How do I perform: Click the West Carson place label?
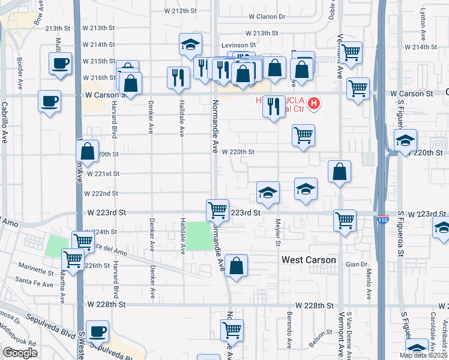309,260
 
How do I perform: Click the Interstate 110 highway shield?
382,220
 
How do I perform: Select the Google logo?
20,353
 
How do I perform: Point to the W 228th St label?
105,305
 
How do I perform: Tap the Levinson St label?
239,45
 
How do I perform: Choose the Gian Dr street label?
356,264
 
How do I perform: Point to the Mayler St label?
278,232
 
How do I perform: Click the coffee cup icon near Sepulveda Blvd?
97,331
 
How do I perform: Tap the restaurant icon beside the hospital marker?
274,106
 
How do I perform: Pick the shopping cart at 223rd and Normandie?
217,210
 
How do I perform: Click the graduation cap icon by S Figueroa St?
406,141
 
